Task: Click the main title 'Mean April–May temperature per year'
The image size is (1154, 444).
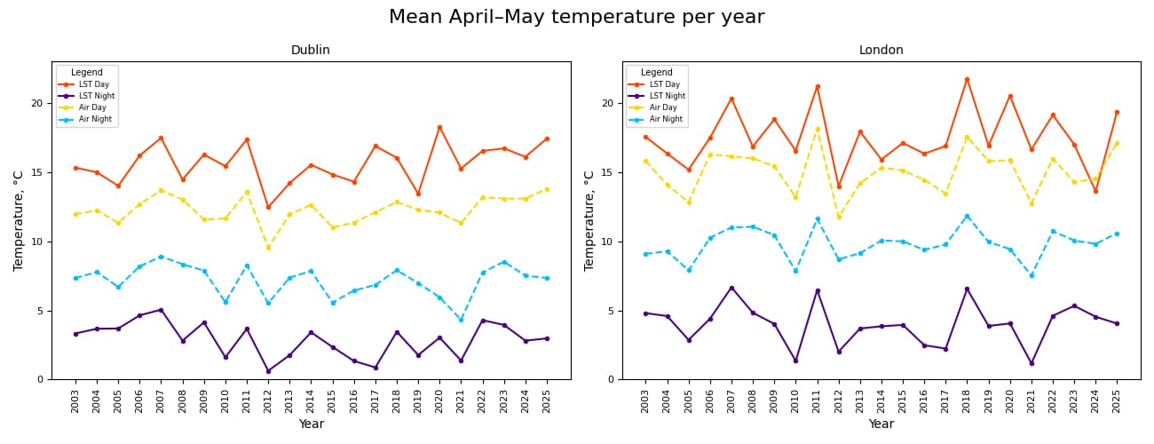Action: click(x=576, y=18)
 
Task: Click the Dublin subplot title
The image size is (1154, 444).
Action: click(x=311, y=51)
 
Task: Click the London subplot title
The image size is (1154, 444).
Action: click(x=881, y=51)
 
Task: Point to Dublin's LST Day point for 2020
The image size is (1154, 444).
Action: click(x=439, y=127)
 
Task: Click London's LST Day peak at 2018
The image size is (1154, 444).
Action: click(x=967, y=79)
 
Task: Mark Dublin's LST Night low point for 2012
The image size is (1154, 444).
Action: click(x=268, y=371)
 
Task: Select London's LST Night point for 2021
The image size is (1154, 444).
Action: click(x=1031, y=363)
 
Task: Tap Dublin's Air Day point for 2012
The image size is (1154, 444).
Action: click(x=268, y=248)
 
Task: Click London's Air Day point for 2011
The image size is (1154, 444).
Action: click(x=818, y=129)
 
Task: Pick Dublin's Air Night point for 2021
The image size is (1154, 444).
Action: click(x=461, y=320)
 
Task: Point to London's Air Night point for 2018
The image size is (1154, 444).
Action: click(x=967, y=216)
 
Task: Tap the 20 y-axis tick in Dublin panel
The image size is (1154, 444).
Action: click(x=37, y=103)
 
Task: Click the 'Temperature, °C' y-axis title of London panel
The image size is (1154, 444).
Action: click(x=589, y=220)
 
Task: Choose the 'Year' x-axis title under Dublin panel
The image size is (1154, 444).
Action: click(x=311, y=424)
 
